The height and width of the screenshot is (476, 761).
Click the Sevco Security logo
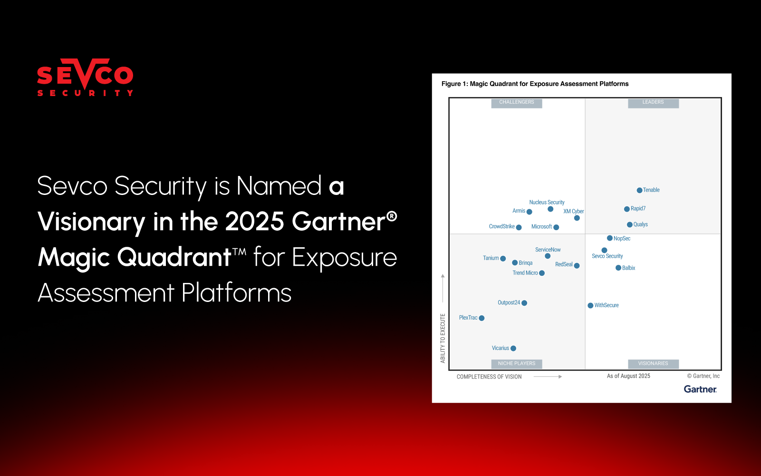tap(85, 78)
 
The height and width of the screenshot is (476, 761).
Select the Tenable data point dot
tap(639, 190)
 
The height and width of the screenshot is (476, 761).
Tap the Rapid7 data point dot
tap(627, 209)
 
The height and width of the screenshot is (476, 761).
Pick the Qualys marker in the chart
tap(629, 224)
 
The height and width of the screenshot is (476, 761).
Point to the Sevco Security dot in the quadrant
tap(604, 250)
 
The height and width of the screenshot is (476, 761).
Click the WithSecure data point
tap(590, 305)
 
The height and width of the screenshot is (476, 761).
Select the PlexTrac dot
tap(482, 318)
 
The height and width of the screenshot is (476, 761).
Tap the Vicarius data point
tap(513, 349)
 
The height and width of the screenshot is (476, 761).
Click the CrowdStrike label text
tap(501, 226)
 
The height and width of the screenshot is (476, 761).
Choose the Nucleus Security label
tap(547, 202)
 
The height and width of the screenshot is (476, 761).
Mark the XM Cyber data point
tap(577, 218)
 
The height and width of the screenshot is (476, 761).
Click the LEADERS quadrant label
tap(653, 102)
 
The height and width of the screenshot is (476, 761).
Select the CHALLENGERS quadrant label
tap(517, 102)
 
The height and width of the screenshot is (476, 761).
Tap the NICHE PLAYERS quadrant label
tap(517, 363)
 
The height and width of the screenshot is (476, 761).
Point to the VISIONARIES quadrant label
tap(653, 363)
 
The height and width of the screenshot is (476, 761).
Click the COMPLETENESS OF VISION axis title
tap(489, 377)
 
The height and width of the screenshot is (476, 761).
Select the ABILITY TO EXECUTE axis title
tap(443, 338)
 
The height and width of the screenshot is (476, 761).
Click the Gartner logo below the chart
tap(700, 389)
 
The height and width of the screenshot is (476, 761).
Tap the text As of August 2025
tap(628, 376)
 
